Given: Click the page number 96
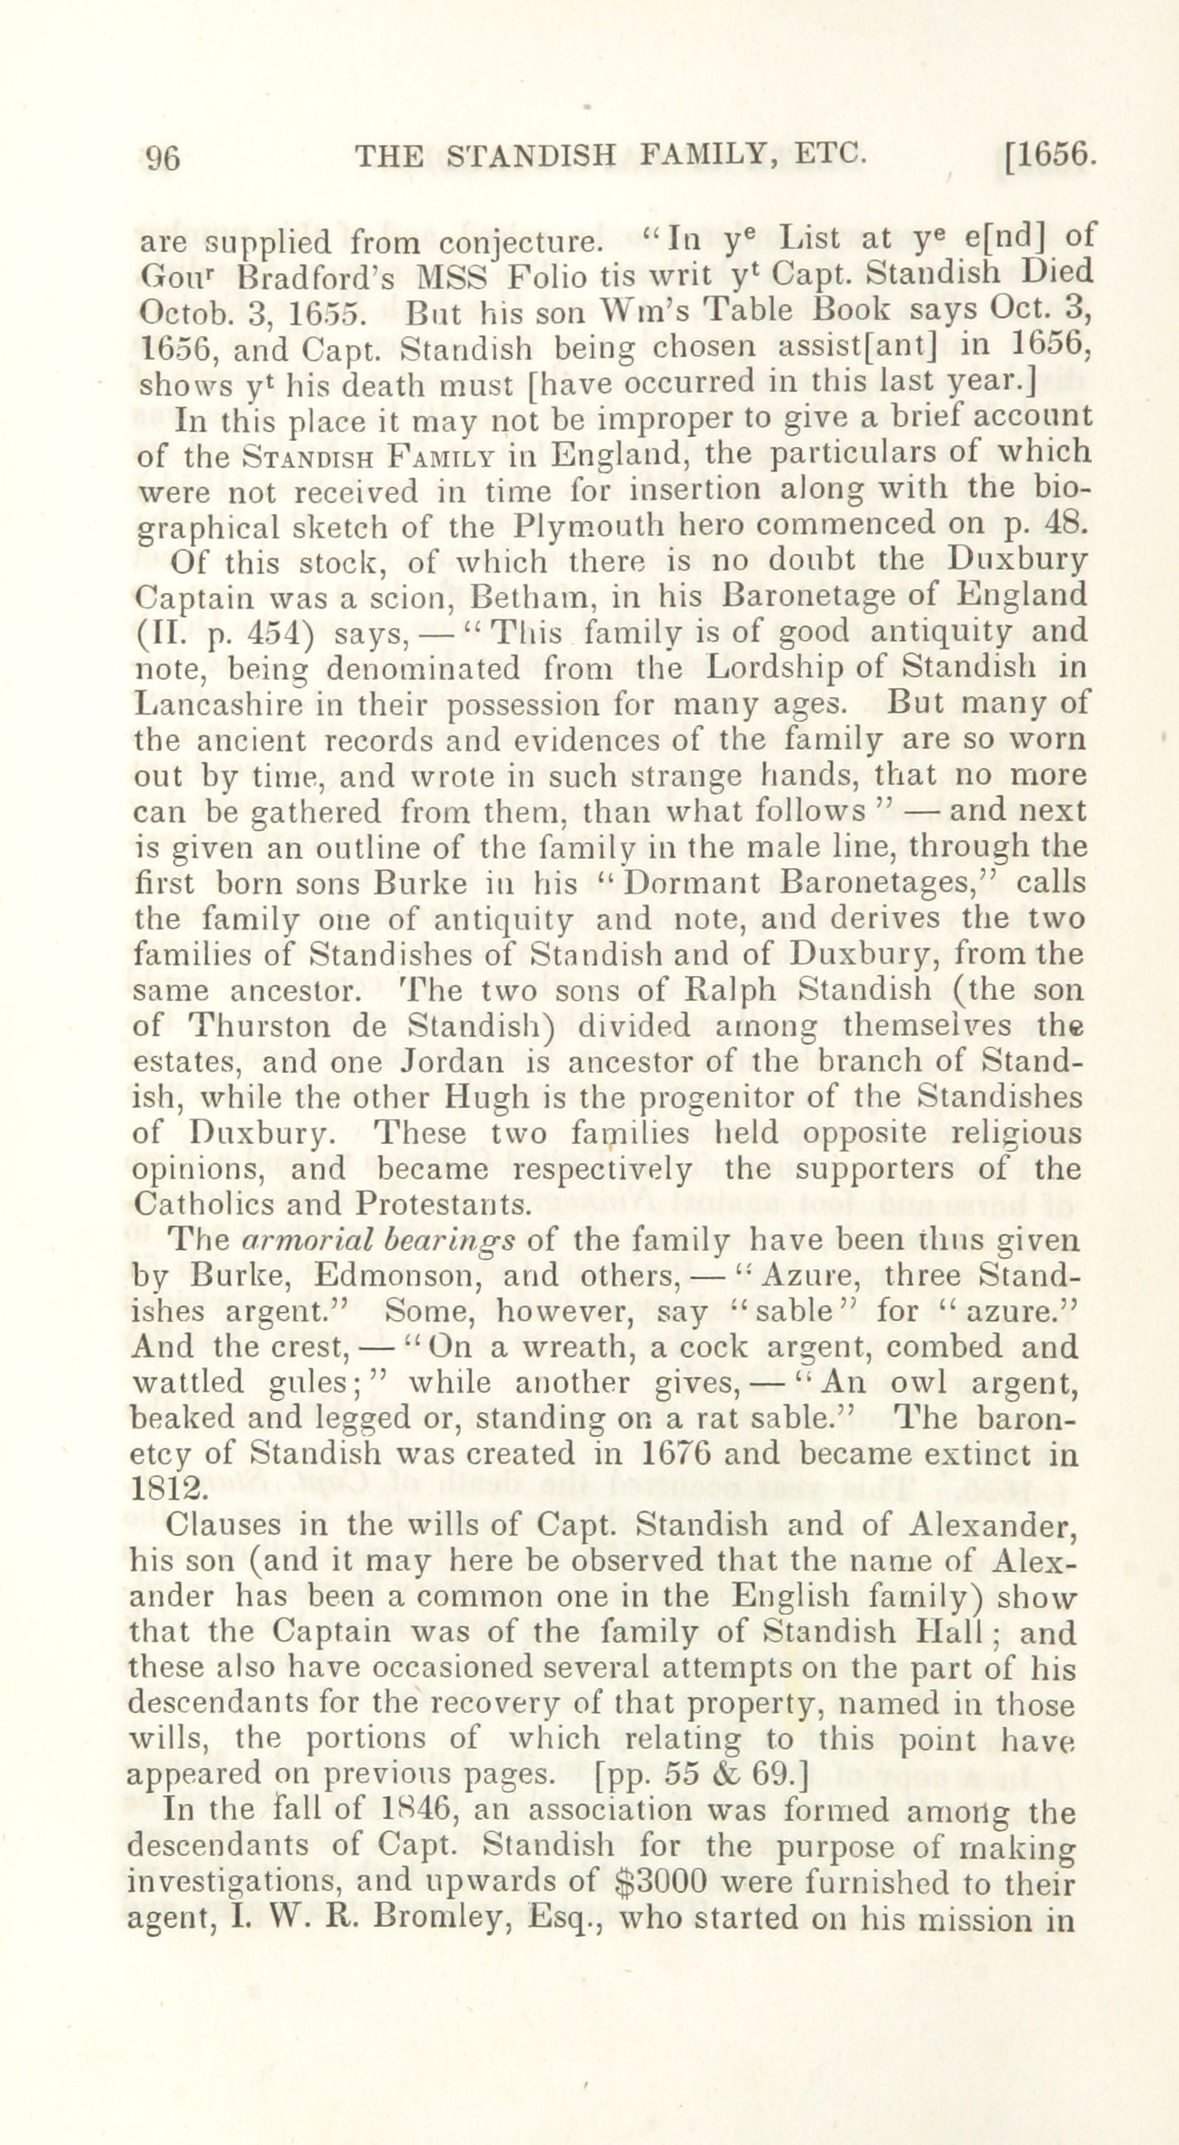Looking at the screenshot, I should coord(163,158).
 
